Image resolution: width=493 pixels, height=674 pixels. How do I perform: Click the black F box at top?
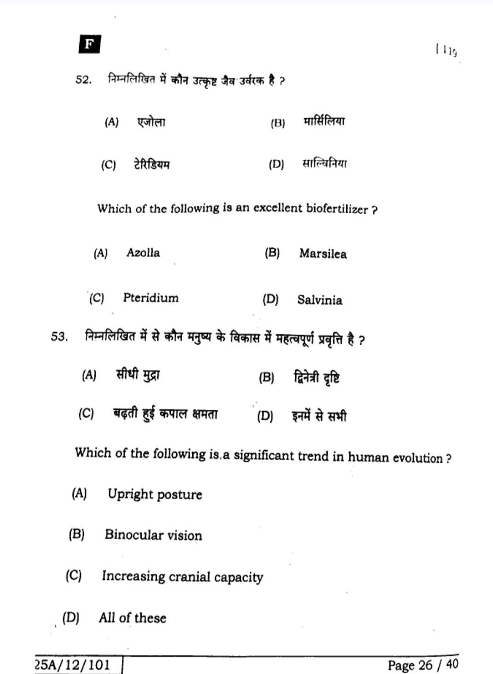[x=89, y=45]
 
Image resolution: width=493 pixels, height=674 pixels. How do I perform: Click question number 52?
[x=83, y=80]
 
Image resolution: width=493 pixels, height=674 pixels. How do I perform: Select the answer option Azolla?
[x=143, y=253]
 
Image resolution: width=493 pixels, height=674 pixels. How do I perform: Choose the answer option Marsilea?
[x=322, y=254]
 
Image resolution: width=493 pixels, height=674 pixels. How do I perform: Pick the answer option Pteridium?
[x=150, y=298]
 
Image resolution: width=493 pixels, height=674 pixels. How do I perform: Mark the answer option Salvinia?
[x=319, y=300]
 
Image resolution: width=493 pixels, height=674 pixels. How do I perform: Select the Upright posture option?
[x=155, y=495]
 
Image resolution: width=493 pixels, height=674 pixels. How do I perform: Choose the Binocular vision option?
[x=153, y=535]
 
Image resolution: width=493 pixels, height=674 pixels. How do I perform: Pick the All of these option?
[x=132, y=618]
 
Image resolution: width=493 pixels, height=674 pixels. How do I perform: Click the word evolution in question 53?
[x=417, y=458]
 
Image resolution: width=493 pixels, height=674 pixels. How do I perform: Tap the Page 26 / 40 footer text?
[x=422, y=665]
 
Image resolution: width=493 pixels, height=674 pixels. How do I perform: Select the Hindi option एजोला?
[x=151, y=122]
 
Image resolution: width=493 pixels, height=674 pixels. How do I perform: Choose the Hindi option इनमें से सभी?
[x=319, y=416]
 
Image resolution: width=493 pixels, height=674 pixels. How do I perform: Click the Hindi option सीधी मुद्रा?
[x=138, y=376]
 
